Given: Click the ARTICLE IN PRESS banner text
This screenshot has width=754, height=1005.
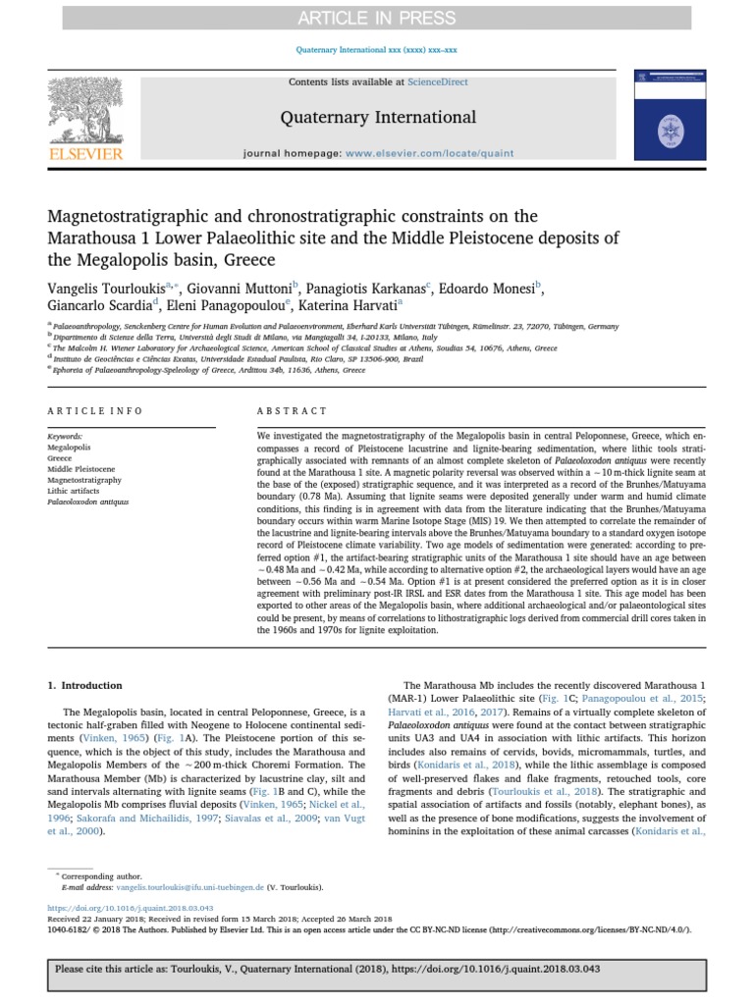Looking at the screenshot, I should [x=378, y=18].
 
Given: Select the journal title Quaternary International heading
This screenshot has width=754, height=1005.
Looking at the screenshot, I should [x=378, y=118].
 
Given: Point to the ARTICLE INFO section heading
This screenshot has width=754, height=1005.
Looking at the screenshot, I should [x=95, y=411].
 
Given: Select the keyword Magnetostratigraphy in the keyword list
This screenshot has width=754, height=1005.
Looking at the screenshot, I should [x=84, y=480].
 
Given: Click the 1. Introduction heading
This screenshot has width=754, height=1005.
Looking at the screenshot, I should [x=86, y=685].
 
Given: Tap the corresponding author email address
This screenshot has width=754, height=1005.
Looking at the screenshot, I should [x=176, y=886].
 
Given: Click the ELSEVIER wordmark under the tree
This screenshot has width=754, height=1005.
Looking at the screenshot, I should [x=86, y=154].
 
